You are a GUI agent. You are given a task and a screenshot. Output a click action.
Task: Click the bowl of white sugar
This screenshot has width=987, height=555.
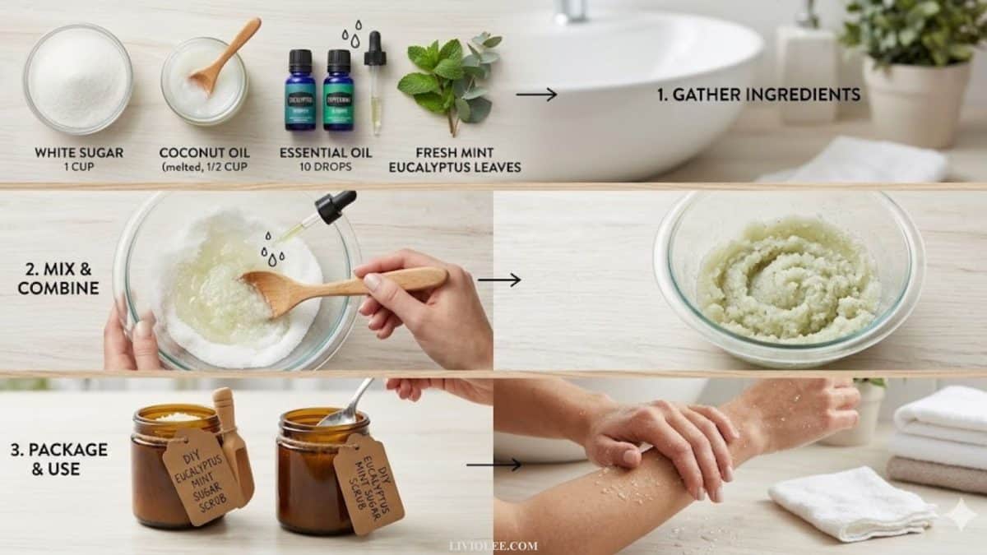(x=77, y=79)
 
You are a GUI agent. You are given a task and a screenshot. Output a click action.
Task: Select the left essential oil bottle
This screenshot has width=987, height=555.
(x=300, y=90)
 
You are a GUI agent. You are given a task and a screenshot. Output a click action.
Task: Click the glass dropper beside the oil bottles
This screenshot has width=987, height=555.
(x=375, y=82)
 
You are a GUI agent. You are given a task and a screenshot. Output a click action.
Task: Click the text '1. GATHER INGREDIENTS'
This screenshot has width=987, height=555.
(x=758, y=95)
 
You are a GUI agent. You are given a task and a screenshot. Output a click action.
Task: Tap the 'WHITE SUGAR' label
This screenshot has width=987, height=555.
(x=79, y=153)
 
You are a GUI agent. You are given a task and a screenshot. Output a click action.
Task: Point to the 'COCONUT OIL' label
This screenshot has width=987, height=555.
(x=204, y=153)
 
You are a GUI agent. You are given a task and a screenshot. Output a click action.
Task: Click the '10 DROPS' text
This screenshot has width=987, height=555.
(x=325, y=167)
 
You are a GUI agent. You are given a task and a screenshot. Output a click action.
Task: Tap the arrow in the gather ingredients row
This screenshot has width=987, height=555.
(x=536, y=95)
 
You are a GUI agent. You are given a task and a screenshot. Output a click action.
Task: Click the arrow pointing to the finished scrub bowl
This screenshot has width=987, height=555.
(x=498, y=280)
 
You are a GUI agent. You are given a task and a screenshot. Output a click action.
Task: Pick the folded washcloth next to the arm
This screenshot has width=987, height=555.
(x=851, y=502)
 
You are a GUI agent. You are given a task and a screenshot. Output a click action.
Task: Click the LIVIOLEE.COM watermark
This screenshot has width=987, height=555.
(x=493, y=545)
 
